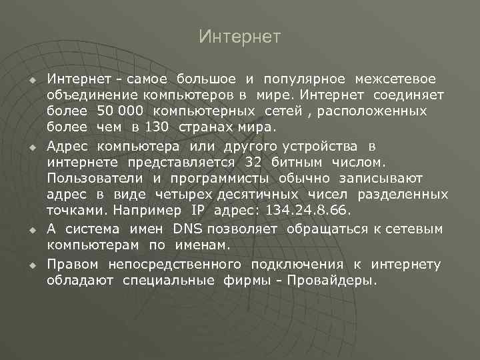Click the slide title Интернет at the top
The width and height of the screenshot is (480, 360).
pos(240,36)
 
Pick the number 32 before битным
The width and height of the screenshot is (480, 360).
pos(253,162)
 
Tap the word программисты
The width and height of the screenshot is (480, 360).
pos(219,178)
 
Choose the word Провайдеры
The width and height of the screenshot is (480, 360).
pos(331,281)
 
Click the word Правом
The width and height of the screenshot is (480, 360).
pos(72,265)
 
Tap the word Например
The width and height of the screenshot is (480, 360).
pos(143,210)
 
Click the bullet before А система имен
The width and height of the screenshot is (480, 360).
pos(31,230)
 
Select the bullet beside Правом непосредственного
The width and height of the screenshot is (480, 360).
pos(31,266)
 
